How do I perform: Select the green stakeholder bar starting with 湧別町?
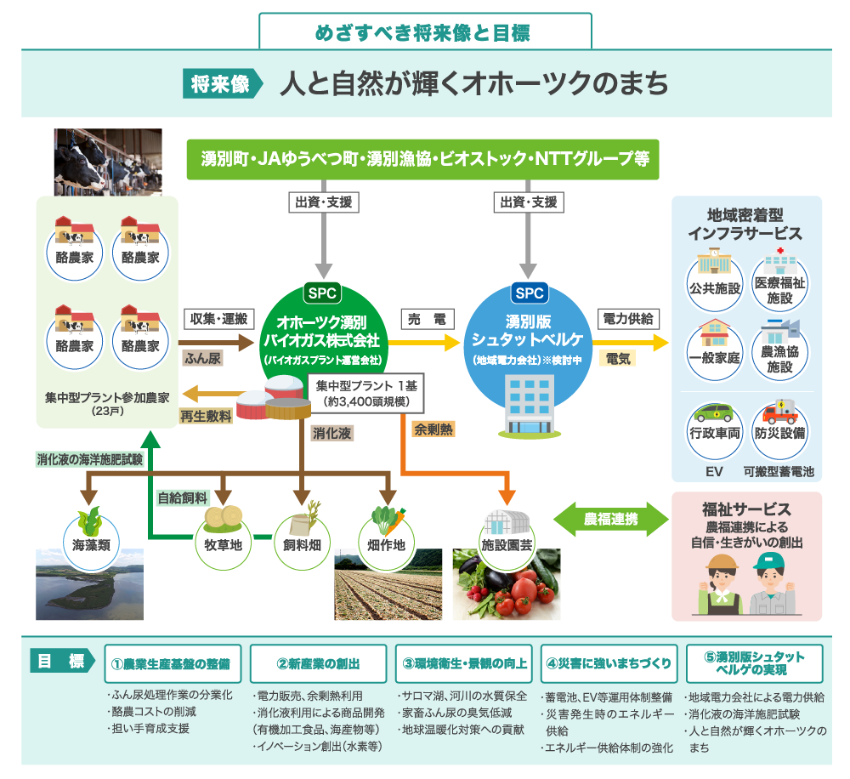pos(422,159)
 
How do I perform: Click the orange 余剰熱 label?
pos(433,429)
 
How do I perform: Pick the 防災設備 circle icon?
pos(780,424)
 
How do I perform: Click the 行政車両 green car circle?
pos(715,424)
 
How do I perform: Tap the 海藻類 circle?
pos(90,537)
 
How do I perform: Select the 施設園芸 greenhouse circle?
pos(506,537)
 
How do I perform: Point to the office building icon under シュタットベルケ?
pos(527,405)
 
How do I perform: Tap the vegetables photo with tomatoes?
pos(507,588)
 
